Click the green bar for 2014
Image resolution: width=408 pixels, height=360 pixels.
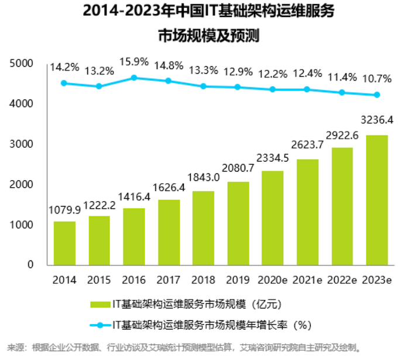pos(64,243)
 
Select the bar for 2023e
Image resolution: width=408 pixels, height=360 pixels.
pos(376,200)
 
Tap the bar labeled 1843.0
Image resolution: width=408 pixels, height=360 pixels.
pos(203,228)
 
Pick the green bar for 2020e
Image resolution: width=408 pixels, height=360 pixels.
pos(272,218)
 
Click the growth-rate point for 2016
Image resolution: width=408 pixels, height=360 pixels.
pos(133,77)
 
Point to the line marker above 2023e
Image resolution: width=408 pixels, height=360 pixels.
pos(376,95)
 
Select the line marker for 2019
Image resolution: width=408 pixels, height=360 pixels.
pos(238,87)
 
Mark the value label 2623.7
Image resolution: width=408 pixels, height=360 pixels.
pos(307,148)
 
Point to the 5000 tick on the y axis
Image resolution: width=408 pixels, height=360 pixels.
pos(23,63)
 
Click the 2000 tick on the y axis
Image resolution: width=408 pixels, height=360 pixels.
pos(23,184)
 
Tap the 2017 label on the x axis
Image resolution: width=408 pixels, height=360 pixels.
pos(169,280)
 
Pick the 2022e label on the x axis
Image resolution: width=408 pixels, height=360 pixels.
pos(342,280)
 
